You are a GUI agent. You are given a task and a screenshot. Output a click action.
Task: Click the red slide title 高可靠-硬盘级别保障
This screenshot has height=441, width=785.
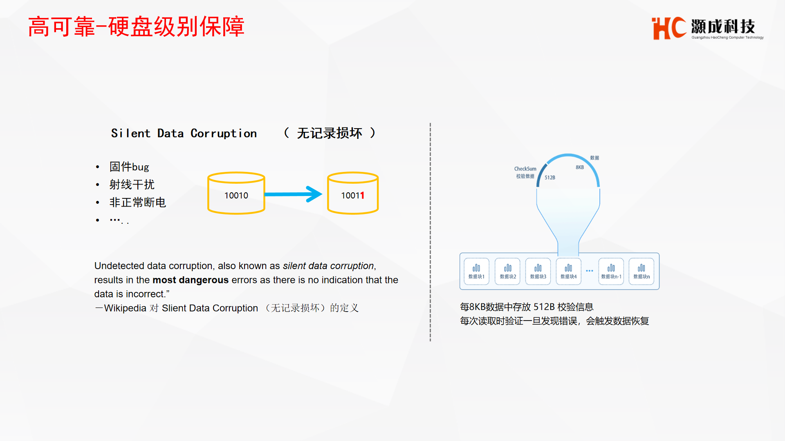click(136, 27)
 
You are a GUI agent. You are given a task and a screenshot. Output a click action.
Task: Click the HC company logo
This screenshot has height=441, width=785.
click(707, 28)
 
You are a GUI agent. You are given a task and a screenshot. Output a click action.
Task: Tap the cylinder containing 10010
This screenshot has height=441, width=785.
click(236, 193)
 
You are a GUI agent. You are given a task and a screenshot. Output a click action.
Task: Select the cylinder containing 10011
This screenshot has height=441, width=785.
click(353, 193)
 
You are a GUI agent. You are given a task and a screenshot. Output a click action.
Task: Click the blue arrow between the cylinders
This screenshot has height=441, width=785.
click(293, 194)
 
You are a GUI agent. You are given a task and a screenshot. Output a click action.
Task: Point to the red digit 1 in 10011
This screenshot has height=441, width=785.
click(362, 196)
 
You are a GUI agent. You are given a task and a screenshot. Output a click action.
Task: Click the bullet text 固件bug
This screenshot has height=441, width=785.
click(129, 167)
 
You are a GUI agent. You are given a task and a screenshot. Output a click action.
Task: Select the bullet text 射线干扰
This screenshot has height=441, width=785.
click(132, 185)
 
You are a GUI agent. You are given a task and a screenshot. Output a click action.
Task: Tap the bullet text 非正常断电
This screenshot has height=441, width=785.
click(138, 203)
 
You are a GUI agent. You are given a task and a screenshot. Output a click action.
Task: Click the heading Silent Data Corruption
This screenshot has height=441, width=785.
click(184, 133)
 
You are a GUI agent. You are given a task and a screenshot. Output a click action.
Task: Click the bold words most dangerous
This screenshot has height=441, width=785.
click(191, 280)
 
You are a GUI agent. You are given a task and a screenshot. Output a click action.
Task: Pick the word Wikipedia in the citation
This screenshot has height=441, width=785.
click(125, 308)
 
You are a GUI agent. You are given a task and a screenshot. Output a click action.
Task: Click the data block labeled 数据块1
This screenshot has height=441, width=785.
click(477, 271)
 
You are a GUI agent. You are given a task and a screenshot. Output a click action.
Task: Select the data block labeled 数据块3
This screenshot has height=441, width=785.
click(538, 271)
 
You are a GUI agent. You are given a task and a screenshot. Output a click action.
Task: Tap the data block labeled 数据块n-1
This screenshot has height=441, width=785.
click(611, 271)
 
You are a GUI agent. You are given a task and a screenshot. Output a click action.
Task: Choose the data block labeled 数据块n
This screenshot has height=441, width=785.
click(641, 271)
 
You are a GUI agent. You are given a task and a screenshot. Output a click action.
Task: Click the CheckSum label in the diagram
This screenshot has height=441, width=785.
click(525, 169)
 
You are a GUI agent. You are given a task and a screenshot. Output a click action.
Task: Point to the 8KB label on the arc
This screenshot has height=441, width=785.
click(580, 167)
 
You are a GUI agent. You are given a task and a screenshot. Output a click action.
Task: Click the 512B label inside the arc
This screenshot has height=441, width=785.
click(550, 178)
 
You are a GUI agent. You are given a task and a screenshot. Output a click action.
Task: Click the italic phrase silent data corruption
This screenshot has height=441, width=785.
click(328, 266)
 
